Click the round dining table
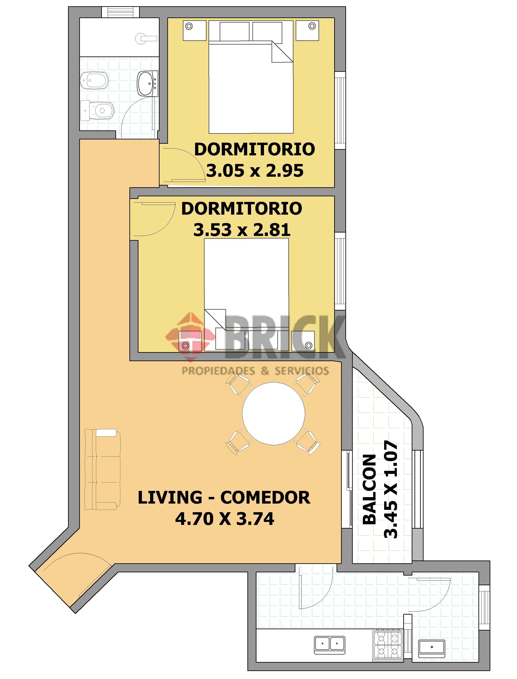pos(274,413)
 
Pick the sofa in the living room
pos(102,469)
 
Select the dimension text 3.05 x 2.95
pos(255,170)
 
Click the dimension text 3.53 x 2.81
pos(242,230)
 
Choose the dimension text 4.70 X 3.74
pos(225,519)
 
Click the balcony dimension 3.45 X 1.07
pos(391,490)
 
